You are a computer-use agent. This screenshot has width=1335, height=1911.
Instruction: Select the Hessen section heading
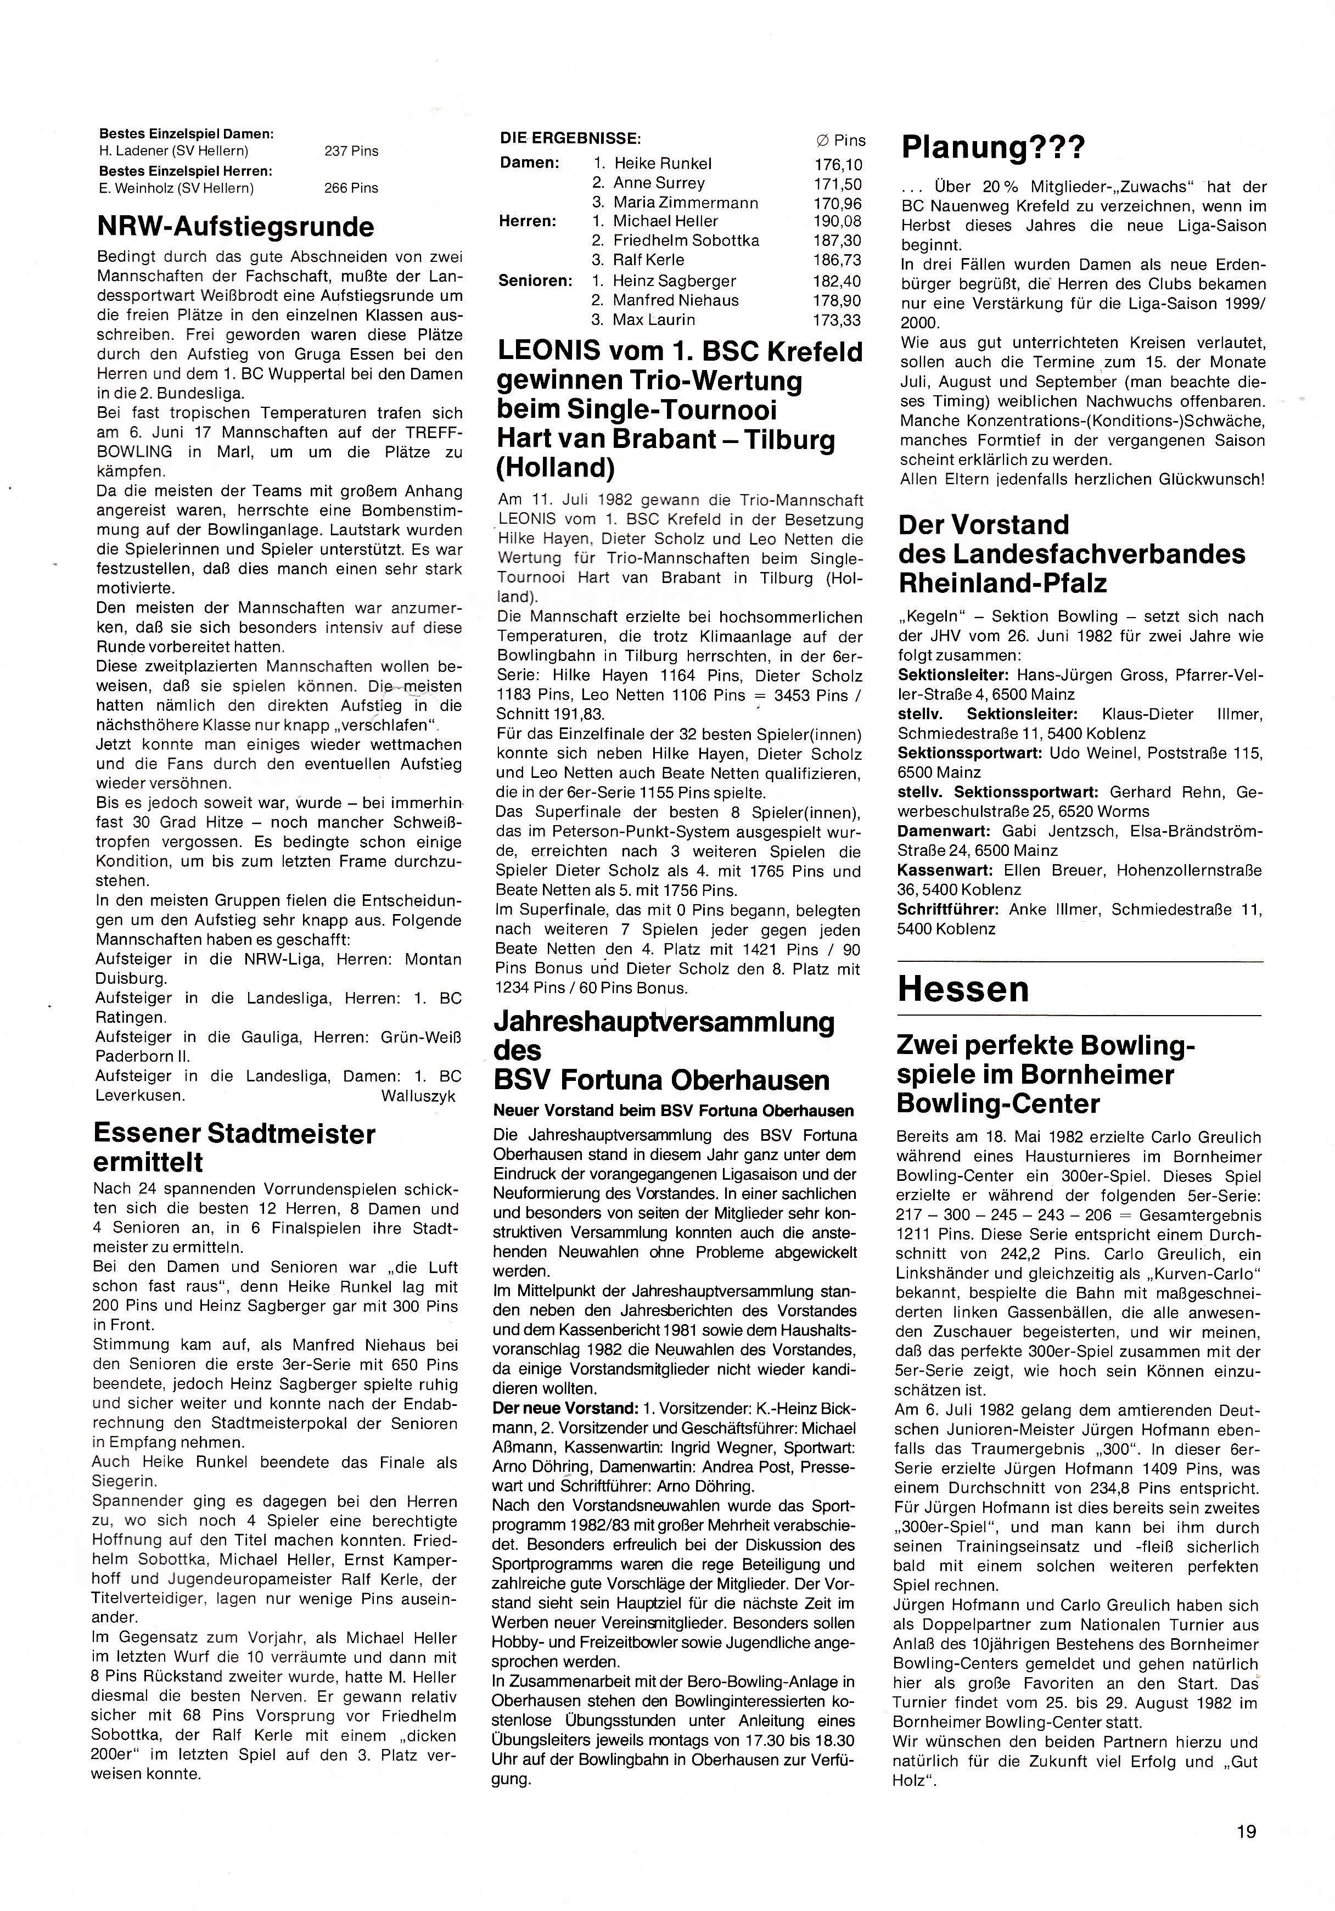963,989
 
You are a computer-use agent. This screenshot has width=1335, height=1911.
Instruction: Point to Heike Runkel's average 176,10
838,164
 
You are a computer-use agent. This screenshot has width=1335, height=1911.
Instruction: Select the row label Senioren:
535,281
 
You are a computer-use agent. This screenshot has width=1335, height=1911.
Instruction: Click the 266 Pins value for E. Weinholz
351,188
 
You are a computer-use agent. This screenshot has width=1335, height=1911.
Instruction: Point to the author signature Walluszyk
419,1096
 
